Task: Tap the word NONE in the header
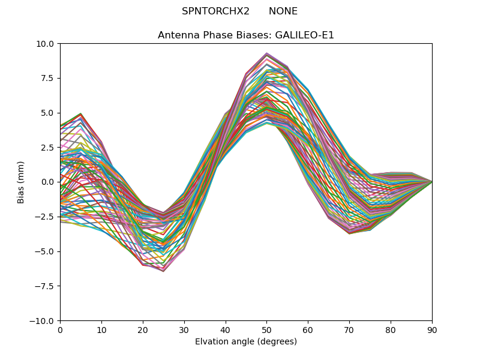click(x=283, y=11)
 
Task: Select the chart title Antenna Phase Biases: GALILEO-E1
click(x=246, y=35)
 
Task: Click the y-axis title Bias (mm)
click(x=21, y=182)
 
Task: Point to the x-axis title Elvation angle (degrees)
click(x=246, y=342)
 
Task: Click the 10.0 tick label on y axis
click(x=46, y=44)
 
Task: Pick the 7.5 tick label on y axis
click(x=48, y=79)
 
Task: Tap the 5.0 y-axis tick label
click(x=48, y=113)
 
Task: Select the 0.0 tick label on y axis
click(x=48, y=182)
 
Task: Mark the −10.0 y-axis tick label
click(x=43, y=321)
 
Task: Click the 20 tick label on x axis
click(x=143, y=330)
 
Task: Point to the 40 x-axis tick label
click(x=226, y=330)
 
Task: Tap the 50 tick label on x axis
click(x=266, y=330)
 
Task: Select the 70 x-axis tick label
click(x=349, y=330)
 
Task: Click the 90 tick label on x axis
click(x=432, y=330)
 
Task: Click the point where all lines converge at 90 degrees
click(x=432, y=182)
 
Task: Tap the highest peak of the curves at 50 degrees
click(x=266, y=53)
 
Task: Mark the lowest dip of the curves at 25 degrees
click(x=163, y=271)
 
